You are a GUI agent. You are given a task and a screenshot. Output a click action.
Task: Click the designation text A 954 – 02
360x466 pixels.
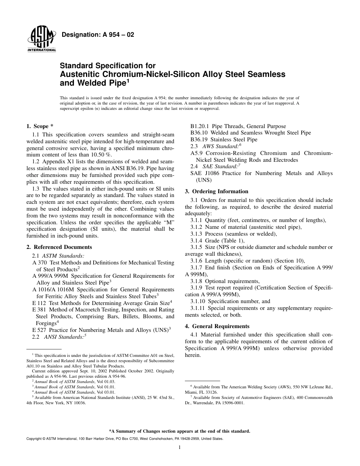click(x=98, y=35)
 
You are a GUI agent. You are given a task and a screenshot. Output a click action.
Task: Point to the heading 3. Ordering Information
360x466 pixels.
click(x=216, y=191)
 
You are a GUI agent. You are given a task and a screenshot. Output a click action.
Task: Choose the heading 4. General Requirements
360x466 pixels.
click(x=217, y=326)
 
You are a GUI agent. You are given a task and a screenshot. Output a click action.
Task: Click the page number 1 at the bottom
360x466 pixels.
click(x=180, y=447)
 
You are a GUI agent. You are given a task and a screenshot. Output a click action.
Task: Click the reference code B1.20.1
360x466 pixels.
click(x=200, y=126)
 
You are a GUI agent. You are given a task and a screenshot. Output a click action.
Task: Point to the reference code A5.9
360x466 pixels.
click(x=197, y=153)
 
